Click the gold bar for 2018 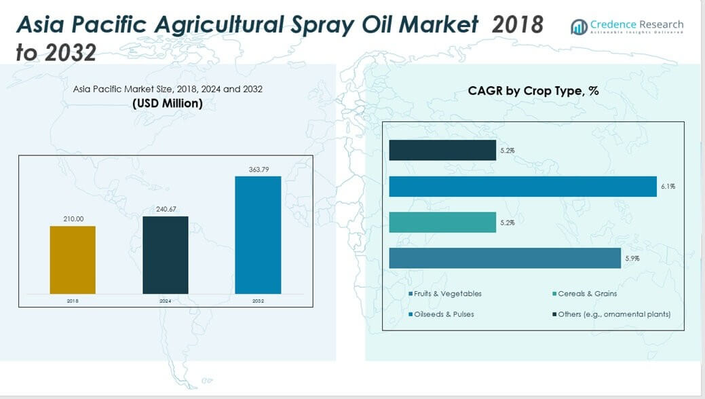pos(73,260)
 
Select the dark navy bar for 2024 pos(165,255)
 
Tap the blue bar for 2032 pos(258,235)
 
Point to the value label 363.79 pos(258,169)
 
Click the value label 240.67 pos(165,210)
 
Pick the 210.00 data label pos(73,219)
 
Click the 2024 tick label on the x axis pos(165,300)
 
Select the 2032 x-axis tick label pos(258,300)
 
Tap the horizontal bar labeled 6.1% pos(522,187)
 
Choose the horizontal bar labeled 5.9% pos(505,258)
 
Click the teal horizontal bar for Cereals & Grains pos(442,222)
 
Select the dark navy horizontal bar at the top pos(442,151)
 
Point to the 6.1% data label pos(668,187)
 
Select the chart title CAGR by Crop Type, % pos(533,91)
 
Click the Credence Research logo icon pos(579,26)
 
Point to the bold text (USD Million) pos(167,103)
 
